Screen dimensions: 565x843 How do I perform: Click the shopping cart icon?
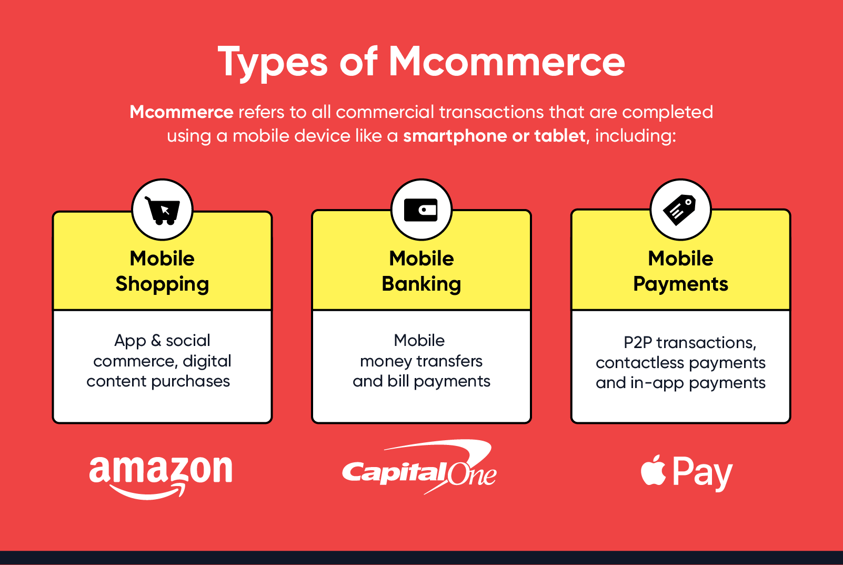pyautogui.click(x=162, y=210)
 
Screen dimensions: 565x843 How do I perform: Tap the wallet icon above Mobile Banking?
pyautogui.click(x=421, y=210)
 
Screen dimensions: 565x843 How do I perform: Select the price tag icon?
pyautogui.click(x=680, y=210)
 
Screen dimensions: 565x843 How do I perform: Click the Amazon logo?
pyautogui.click(x=160, y=474)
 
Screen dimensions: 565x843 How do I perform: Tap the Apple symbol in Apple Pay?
pyautogui.click(x=653, y=471)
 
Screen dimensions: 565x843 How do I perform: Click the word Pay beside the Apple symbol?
pyautogui.click(x=702, y=473)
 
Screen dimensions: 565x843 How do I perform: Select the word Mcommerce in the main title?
pyautogui.click(x=506, y=62)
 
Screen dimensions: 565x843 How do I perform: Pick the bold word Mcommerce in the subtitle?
pyautogui.click(x=182, y=112)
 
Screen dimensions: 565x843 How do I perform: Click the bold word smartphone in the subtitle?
pyautogui.click(x=456, y=136)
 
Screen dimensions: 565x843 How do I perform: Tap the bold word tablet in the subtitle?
pyautogui.click(x=559, y=136)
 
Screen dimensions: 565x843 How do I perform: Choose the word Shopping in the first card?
pyautogui.click(x=162, y=284)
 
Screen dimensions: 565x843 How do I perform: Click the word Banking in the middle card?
pyautogui.click(x=421, y=284)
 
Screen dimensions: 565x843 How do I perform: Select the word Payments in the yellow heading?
pyautogui.click(x=680, y=284)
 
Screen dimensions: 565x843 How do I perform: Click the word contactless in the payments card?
pyautogui.click(x=640, y=363)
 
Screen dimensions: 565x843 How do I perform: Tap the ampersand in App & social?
pyautogui.click(x=156, y=341)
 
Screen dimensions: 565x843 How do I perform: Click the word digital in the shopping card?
pyautogui.click(x=207, y=361)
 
